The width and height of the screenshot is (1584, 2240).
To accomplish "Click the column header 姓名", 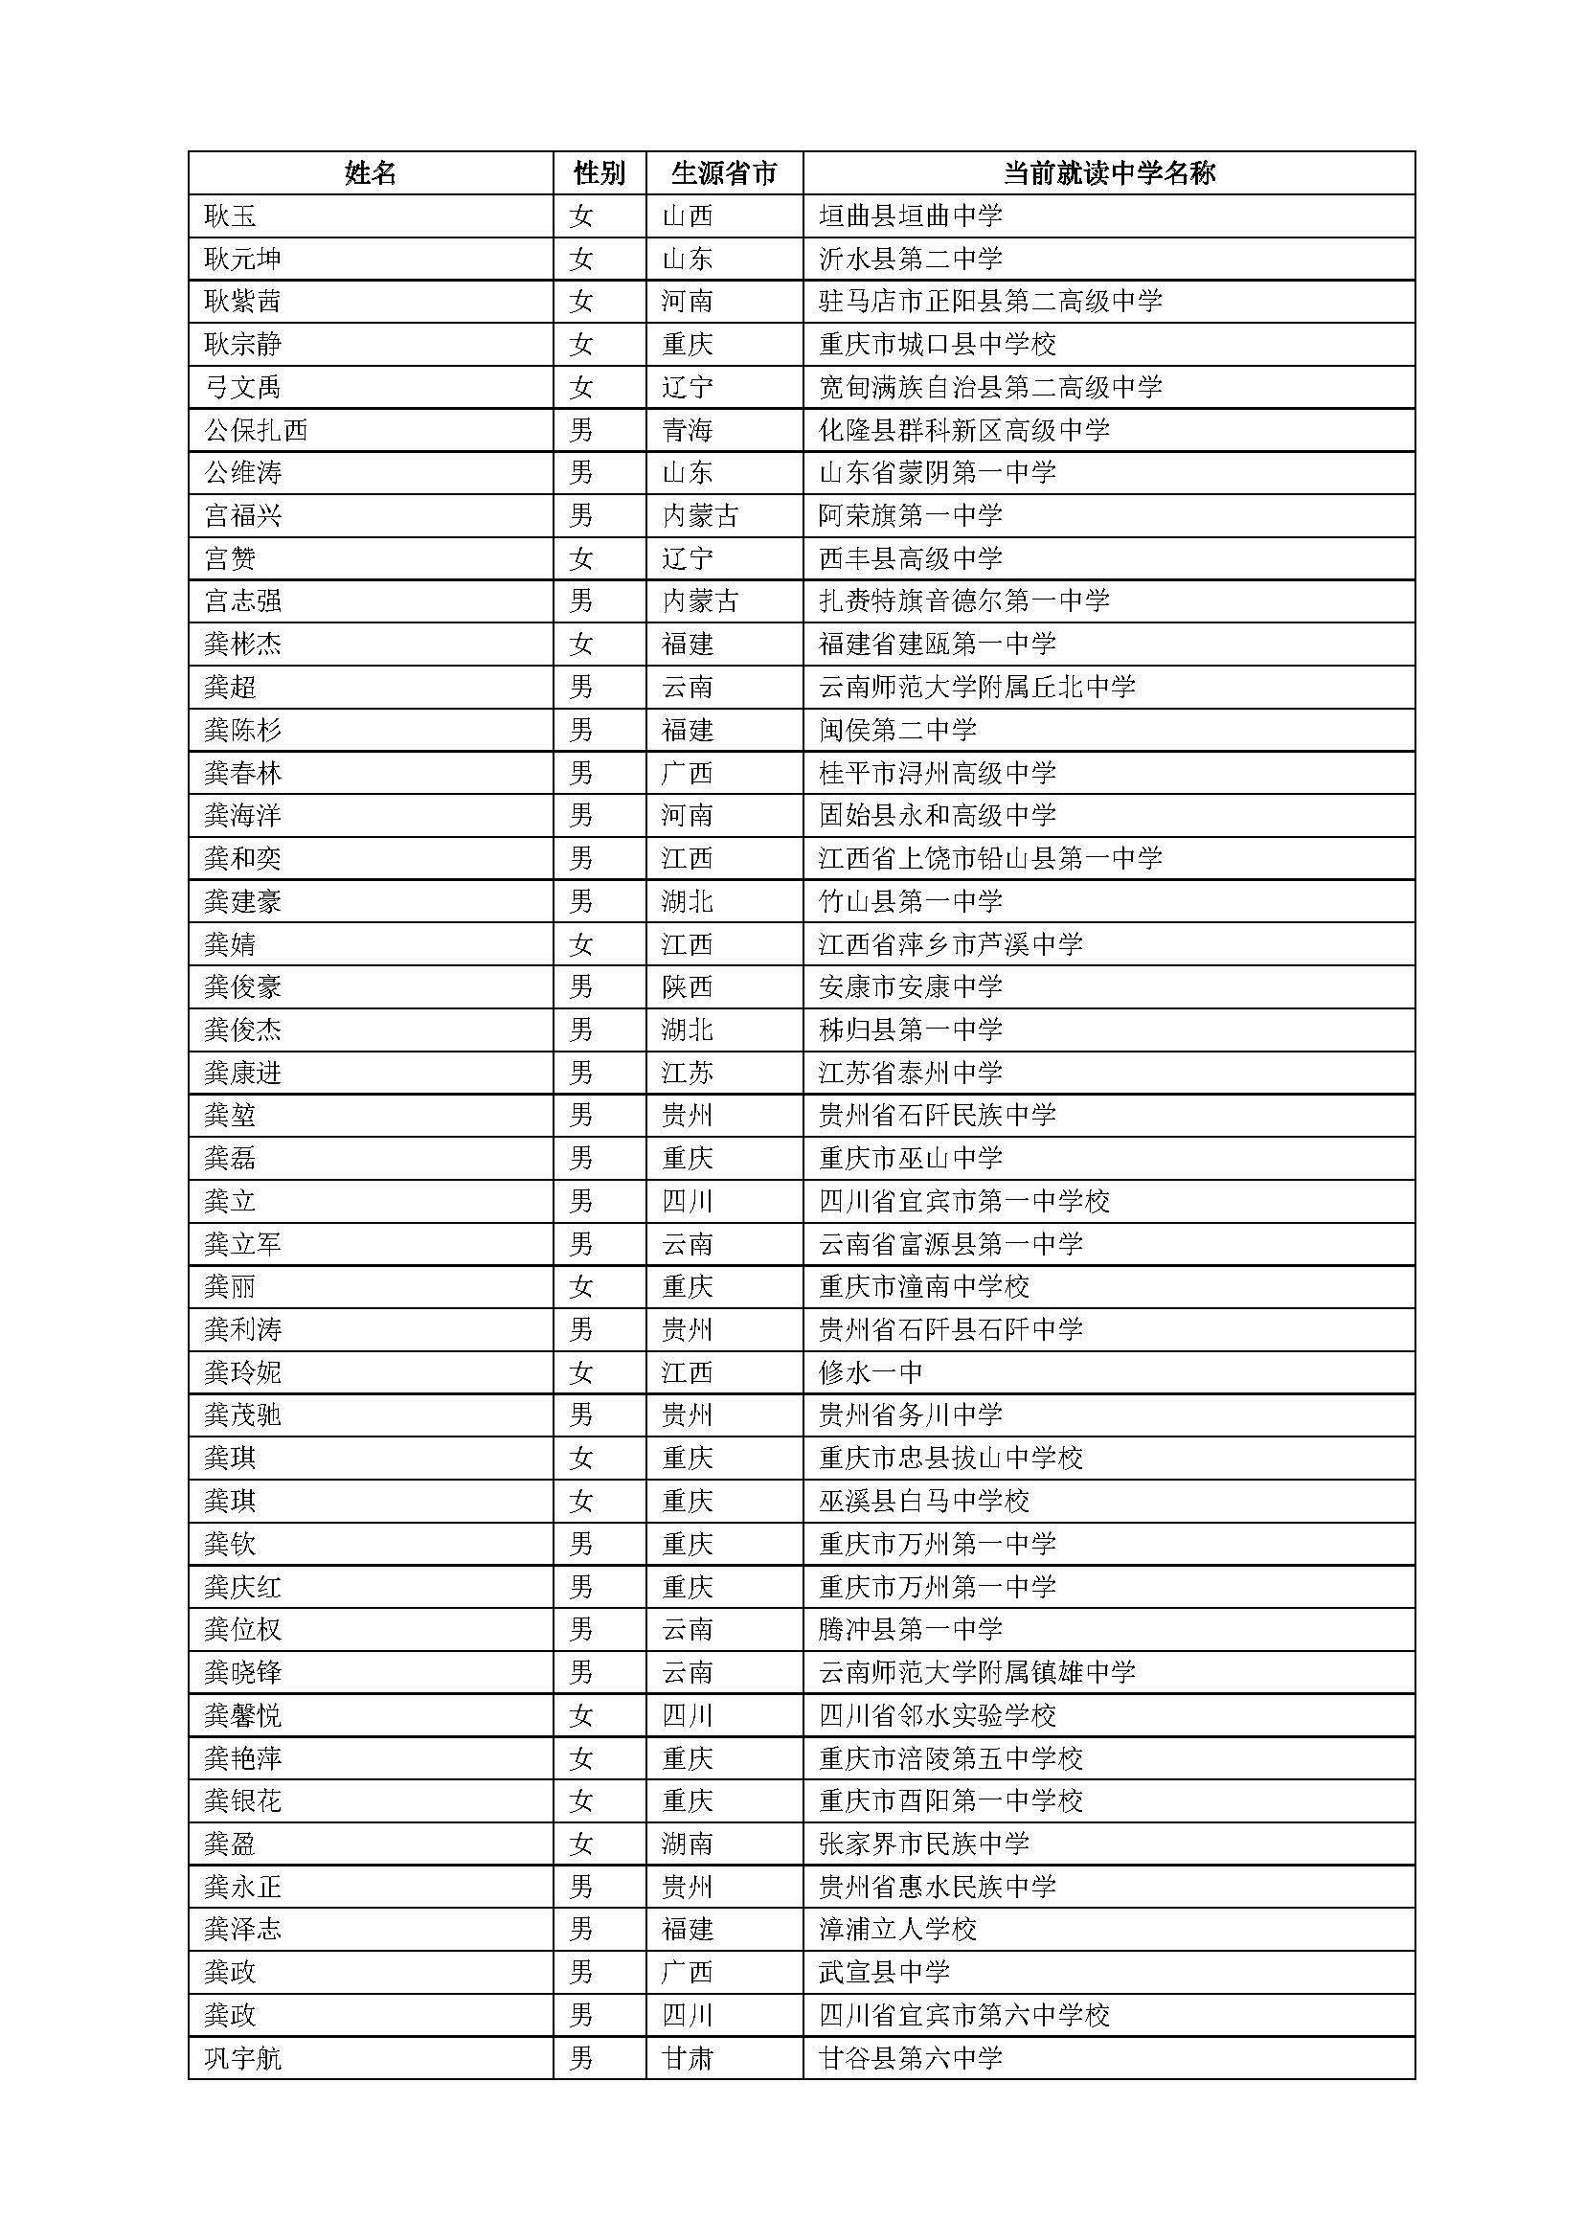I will (371, 173).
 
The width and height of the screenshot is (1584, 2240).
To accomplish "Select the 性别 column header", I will (599, 173).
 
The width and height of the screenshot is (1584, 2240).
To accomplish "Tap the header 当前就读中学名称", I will (1109, 173).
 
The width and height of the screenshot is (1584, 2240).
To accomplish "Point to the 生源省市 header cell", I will (724, 173).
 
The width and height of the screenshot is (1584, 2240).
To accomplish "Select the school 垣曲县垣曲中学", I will (910, 215).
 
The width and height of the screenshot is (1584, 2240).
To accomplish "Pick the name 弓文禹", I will (243, 387).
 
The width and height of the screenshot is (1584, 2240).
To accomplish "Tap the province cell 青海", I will (688, 430).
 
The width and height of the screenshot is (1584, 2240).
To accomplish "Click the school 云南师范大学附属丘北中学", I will (978, 687).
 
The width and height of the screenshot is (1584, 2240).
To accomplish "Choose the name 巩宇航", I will (243, 2059).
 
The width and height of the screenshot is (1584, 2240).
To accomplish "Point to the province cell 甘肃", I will (688, 2059).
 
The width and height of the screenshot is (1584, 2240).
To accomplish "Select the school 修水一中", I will (870, 1372).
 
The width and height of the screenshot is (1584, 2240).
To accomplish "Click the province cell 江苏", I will (688, 1074).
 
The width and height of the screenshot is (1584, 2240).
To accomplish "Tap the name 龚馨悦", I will (243, 1715).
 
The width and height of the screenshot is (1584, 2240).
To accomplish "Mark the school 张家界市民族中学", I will (923, 1844).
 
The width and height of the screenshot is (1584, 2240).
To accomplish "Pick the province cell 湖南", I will (688, 1844).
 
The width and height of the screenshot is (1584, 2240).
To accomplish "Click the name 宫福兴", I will (243, 515).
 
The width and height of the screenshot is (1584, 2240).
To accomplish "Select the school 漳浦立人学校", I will (897, 1930).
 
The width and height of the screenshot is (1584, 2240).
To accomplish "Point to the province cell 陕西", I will (688, 987).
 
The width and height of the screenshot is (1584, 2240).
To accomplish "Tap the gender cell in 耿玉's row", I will (581, 215).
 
